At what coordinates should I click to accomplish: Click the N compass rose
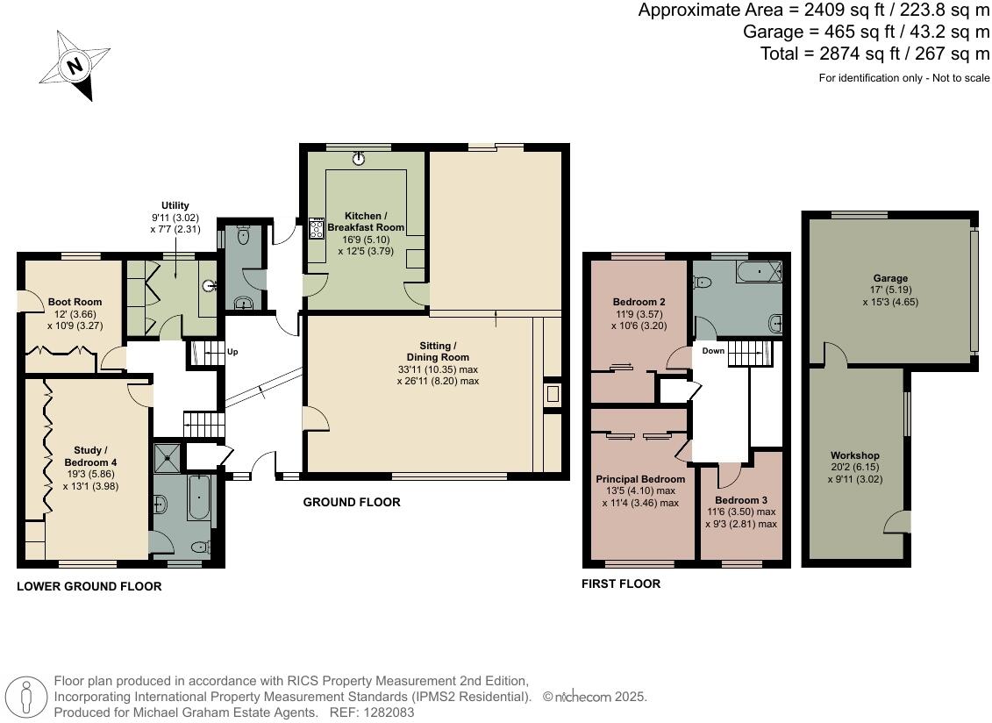(x=75, y=65)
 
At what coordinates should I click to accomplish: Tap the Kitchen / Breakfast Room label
(x=366, y=222)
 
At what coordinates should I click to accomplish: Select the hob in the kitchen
(x=317, y=228)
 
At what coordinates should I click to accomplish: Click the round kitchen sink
(x=360, y=158)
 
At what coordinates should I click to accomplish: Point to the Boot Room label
(x=75, y=302)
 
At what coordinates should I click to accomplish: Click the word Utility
(x=175, y=205)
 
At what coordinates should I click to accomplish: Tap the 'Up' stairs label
(x=232, y=352)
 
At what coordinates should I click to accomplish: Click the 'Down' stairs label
(x=713, y=351)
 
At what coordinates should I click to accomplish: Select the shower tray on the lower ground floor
(x=168, y=457)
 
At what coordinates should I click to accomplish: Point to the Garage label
(x=891, y=278)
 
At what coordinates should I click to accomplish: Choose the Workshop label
(x=854, y=455)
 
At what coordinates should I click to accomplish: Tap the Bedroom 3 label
(x=741, y=500)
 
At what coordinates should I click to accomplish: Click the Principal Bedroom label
(x=640, y=479)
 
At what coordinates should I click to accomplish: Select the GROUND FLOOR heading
(x=352, y=502)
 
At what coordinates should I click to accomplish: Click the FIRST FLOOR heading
(x=621, y=583)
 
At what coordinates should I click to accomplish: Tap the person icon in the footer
(x=26, y=698)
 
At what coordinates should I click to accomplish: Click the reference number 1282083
(x=389, y=712)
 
